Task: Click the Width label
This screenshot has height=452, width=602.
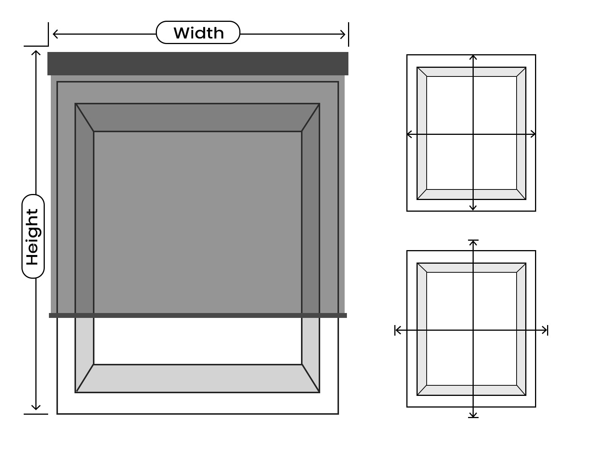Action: point(198,33)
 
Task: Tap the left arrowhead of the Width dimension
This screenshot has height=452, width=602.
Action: point(55,34)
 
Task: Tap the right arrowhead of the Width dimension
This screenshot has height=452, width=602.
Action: point(343,34)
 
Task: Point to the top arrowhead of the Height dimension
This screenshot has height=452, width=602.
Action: point(36,52)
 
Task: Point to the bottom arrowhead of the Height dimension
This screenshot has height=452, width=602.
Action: point(36,407)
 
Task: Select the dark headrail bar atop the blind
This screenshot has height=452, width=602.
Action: point(198,63)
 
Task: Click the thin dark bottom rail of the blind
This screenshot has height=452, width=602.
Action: point(198,315)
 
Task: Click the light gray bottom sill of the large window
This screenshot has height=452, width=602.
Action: point(198,379)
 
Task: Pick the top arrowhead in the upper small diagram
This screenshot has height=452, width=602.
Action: point(473,57)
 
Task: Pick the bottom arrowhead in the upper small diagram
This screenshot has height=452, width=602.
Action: point(473,208)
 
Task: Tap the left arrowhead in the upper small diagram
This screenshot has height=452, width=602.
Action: point(409,134)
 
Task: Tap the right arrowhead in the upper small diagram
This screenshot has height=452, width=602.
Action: point(533,134)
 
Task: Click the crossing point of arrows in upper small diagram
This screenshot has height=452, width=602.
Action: point(473,134)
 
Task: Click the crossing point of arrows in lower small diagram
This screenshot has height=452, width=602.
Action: point(473,330)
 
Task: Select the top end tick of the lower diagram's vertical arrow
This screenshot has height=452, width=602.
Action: point(473,240)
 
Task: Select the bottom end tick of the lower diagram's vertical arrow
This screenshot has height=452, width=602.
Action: point(473,417)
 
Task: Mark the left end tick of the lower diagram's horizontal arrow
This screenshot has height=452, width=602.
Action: point(395,330)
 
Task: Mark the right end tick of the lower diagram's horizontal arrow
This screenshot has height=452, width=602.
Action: point(548,330)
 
